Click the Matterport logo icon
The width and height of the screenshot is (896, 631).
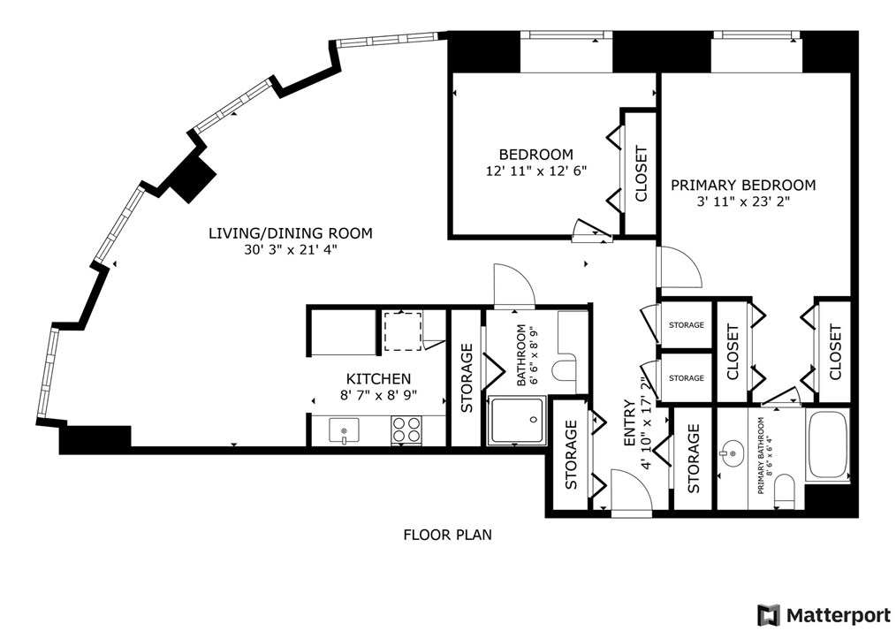tap(769, 615)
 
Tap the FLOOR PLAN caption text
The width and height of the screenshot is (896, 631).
tap(447, 535)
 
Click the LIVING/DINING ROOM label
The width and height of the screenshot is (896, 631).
tap(291, 233)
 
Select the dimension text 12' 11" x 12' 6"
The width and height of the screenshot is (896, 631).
tap(536, 171)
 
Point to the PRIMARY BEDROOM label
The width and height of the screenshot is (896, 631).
tap(743, 186)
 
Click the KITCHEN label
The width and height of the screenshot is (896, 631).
tap(378, 378)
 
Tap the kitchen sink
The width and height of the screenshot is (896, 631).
tap(344, 430)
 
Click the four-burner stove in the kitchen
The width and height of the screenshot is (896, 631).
tap(406, 430)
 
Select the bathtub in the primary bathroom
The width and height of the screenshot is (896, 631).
tap(827, 444)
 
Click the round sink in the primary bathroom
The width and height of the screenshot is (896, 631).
tap(731, 454)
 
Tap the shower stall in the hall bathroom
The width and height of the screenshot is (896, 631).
tap(515, 421)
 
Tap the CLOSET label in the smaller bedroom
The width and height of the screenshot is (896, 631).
tap(641, 174)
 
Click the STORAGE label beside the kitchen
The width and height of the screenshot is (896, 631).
tap(467, 377)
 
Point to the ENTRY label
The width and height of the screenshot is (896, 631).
tap(628, 423)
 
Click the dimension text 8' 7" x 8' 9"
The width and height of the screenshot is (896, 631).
tap(378, 395)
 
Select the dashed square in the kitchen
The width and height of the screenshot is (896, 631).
tap(402, 331)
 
